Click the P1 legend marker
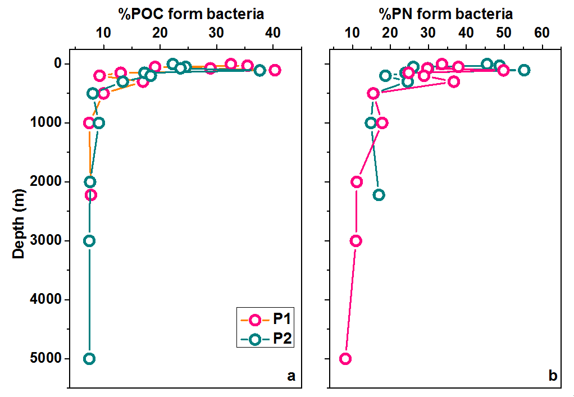pyautogui.click(x=255, y=320)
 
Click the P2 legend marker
pyautogui.click(x=255, y=339)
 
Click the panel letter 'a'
pyautogui.click(x=290, y=376)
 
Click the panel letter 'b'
pyautogui.click(x=553, y=376)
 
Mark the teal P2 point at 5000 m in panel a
pyautogui.click(x=89, y=358)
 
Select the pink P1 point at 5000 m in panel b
pyautogui.click(x=345, y=358)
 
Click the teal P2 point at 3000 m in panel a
pyautogui.click(x=89, y=240)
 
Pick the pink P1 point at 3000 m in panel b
pyautogui.click(x=356, y=240)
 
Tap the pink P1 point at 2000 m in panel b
pyautogui.click(x=356, y=181)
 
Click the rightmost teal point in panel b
pyautogui.click(x=523, y=70)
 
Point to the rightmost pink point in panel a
pyautogui.click(x=275, y=70)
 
